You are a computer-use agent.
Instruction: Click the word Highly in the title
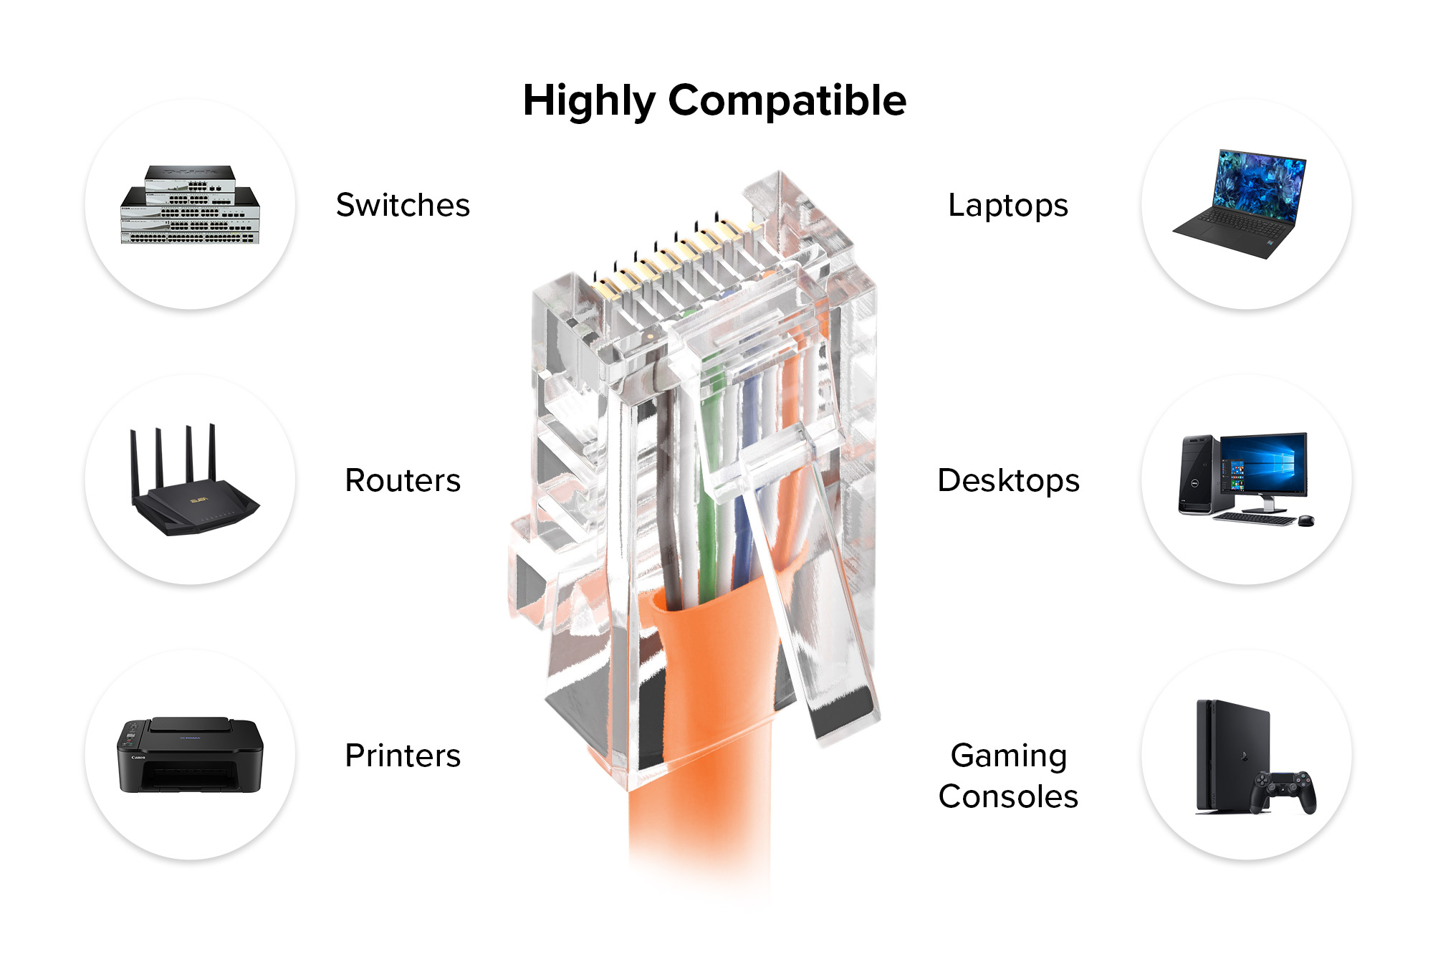[x=588, y=100]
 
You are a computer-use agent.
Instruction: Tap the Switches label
[x=403, y=205]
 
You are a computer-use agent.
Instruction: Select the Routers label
[x=403, y=480]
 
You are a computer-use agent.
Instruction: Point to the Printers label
[x=403, y=756]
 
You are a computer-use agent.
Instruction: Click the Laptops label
[x=1008, y=205]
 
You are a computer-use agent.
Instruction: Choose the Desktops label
[x=1008, y=480]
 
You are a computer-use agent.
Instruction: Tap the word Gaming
[x=1008, y=756]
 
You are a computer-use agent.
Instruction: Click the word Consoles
[x=1008, y=796]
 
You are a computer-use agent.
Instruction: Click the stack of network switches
[x=190, y=206]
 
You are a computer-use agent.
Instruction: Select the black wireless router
[x=193, y=502]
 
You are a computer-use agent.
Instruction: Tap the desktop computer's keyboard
[x=1254, y=518]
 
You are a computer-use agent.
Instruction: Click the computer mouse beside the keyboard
[x=1305, y=520]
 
